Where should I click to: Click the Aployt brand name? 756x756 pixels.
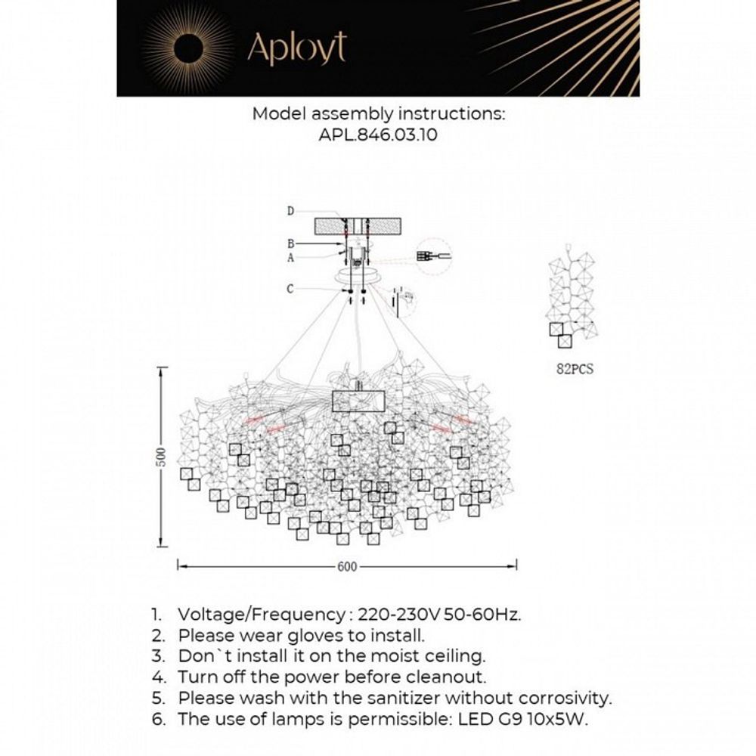296,49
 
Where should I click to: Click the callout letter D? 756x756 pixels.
290,211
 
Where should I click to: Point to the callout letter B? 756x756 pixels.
290,244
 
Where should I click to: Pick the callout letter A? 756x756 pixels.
290,257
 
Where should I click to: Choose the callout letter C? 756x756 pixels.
290,287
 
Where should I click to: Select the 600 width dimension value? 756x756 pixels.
347,566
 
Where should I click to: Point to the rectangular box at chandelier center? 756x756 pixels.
359,401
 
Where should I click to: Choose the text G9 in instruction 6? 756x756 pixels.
513,719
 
